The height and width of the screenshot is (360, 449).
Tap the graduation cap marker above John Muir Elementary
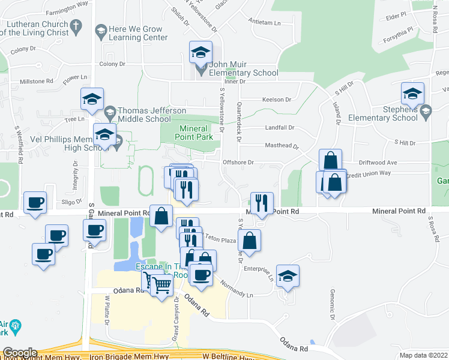pyautogui.click(x=201, y=53)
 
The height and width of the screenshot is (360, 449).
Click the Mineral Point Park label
pyautogui.click(x=193, y=133)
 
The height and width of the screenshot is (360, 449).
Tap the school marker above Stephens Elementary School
pyautogui.click(x=412, y=94)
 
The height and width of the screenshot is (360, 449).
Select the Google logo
pyautogui.click(x=19, y=353)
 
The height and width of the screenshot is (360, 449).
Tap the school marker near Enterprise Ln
pyautogui.click(x=288, y=277)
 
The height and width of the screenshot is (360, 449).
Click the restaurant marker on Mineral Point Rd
pyautogui.click(x=262, y=204)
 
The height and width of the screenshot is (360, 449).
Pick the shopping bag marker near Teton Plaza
pyautogui.click(x=249, y=241)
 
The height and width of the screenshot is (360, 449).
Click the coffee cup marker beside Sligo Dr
pyautogui.click(x=35, y=203)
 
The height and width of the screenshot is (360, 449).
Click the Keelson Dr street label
pyautogui.click(x=276, y=100)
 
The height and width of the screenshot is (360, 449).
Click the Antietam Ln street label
pyautogui.click(x=265, y=22)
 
